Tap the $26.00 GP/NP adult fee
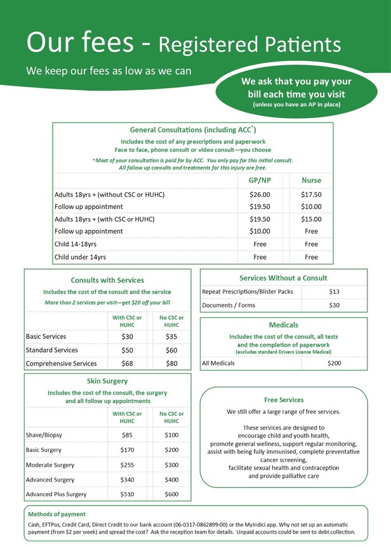pyautogui.click(x=260, y=195)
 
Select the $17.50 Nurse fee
pyautogui.click(x=311, y=195)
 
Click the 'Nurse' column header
pyautogui.click(x=311, y=180)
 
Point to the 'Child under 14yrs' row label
pyautogui.click(x=80, y=257)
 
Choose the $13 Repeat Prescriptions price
pyautogui.click(x=335, y=292)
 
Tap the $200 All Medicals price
pyautogui.click(x=335, y=364)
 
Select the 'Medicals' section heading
pyautogui.click(x=283, y=325)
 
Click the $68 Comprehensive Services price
pyautogui.click(x=127, y=364)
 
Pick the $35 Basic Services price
pyautogui.click(x=171, y=336)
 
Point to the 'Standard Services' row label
pyautogui.click(x=52, y=350)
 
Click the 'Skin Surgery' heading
pyautogui.click(x=107, y=381)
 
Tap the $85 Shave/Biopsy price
pyautogui.click(x=127, y=435)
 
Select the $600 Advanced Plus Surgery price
pyautogui.click(x=171, y=494)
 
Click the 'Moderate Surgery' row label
pyautogui.click(x=50, y=465)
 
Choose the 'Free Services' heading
pyautogui.click(x=284, y=400)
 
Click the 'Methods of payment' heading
pyautogui.click(x=57, y=514)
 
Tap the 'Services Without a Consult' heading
pyautogui.click(x=283, y=278)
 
